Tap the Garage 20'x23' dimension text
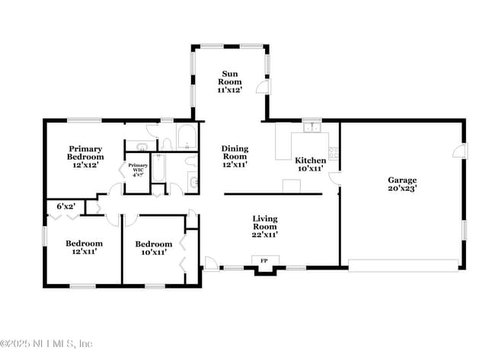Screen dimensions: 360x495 [402, 187]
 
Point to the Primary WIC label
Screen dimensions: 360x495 [138, 169]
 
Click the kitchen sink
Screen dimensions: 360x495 [312, 127]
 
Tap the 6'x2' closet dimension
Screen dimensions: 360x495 [66, 206]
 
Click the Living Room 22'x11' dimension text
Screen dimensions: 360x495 [264, 234]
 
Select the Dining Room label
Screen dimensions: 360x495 [235, 156]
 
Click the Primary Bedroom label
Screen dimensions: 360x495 [85, 156]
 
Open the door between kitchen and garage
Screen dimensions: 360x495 [334, 178]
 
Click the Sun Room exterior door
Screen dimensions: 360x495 [261, 88]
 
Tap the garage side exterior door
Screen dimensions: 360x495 [460, 151]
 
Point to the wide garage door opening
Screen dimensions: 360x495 [403, 264]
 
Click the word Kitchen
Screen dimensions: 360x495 [310, 161]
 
